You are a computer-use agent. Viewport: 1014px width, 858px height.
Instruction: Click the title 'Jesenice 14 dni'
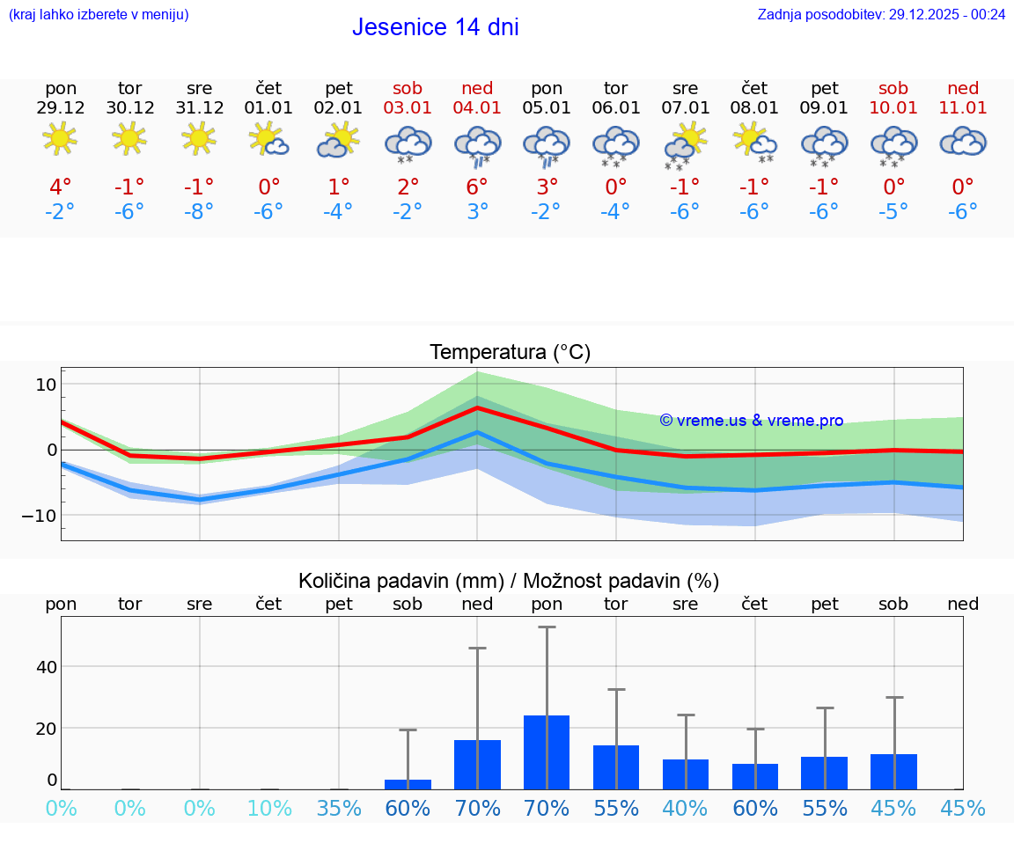pyautogui.click(x=435, y=27)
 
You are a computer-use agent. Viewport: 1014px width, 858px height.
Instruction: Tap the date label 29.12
pyautogui.click(x=61, y=108)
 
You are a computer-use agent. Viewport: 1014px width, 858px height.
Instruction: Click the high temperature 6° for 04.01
pyautogui.click(x=477, y=187)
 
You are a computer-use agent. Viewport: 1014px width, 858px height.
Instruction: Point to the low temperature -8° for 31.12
pyautogui.click(x=200, y=212)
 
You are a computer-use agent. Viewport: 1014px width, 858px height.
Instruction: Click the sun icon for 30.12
pyautogui.click(x=130, y=138)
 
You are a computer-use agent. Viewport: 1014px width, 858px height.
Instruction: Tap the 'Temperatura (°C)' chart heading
pyautogui.click(x=510, y=353)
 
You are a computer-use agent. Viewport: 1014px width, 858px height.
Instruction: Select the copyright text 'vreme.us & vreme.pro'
pyautogui.click(x=752, y=421)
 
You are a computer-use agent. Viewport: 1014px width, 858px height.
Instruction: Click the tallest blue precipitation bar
pyautogui.click(x=547, y=752)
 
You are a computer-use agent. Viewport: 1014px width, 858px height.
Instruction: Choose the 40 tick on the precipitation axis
pyautogui.click(x=47, y=666)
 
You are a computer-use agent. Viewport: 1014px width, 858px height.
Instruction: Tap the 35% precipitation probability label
pyautogui.click(x=339, y=809)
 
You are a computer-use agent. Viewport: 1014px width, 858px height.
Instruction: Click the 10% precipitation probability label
pyautogui.click(x=269, y=809)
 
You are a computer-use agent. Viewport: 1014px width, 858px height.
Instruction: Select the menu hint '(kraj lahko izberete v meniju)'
pyautogui.click(x=99, y=14)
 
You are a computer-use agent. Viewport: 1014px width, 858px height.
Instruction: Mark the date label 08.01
pyautogui.click(x=754, y=108)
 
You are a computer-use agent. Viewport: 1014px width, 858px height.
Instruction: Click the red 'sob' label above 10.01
pyautogui.click(x=893, y=88)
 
